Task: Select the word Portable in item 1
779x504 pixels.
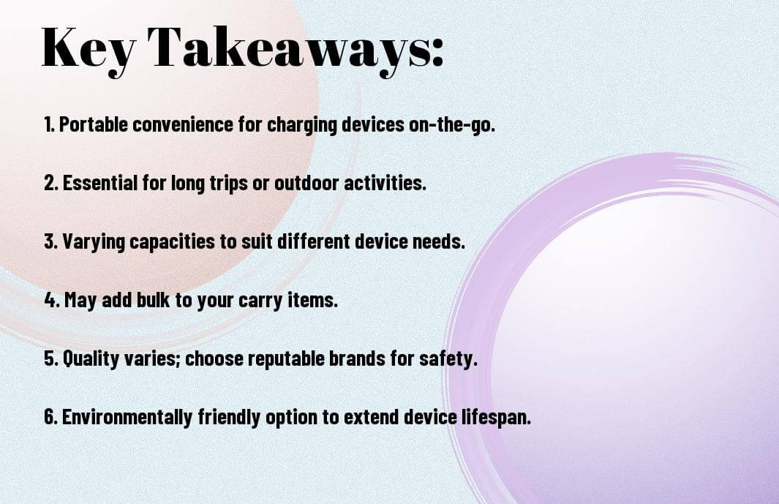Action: click(x=94, y=124)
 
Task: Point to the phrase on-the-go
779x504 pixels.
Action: click(x=452, y=125)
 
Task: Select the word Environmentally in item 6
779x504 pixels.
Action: click(x=127, y=418)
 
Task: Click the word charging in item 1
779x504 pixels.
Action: click(x=303, y=125)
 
